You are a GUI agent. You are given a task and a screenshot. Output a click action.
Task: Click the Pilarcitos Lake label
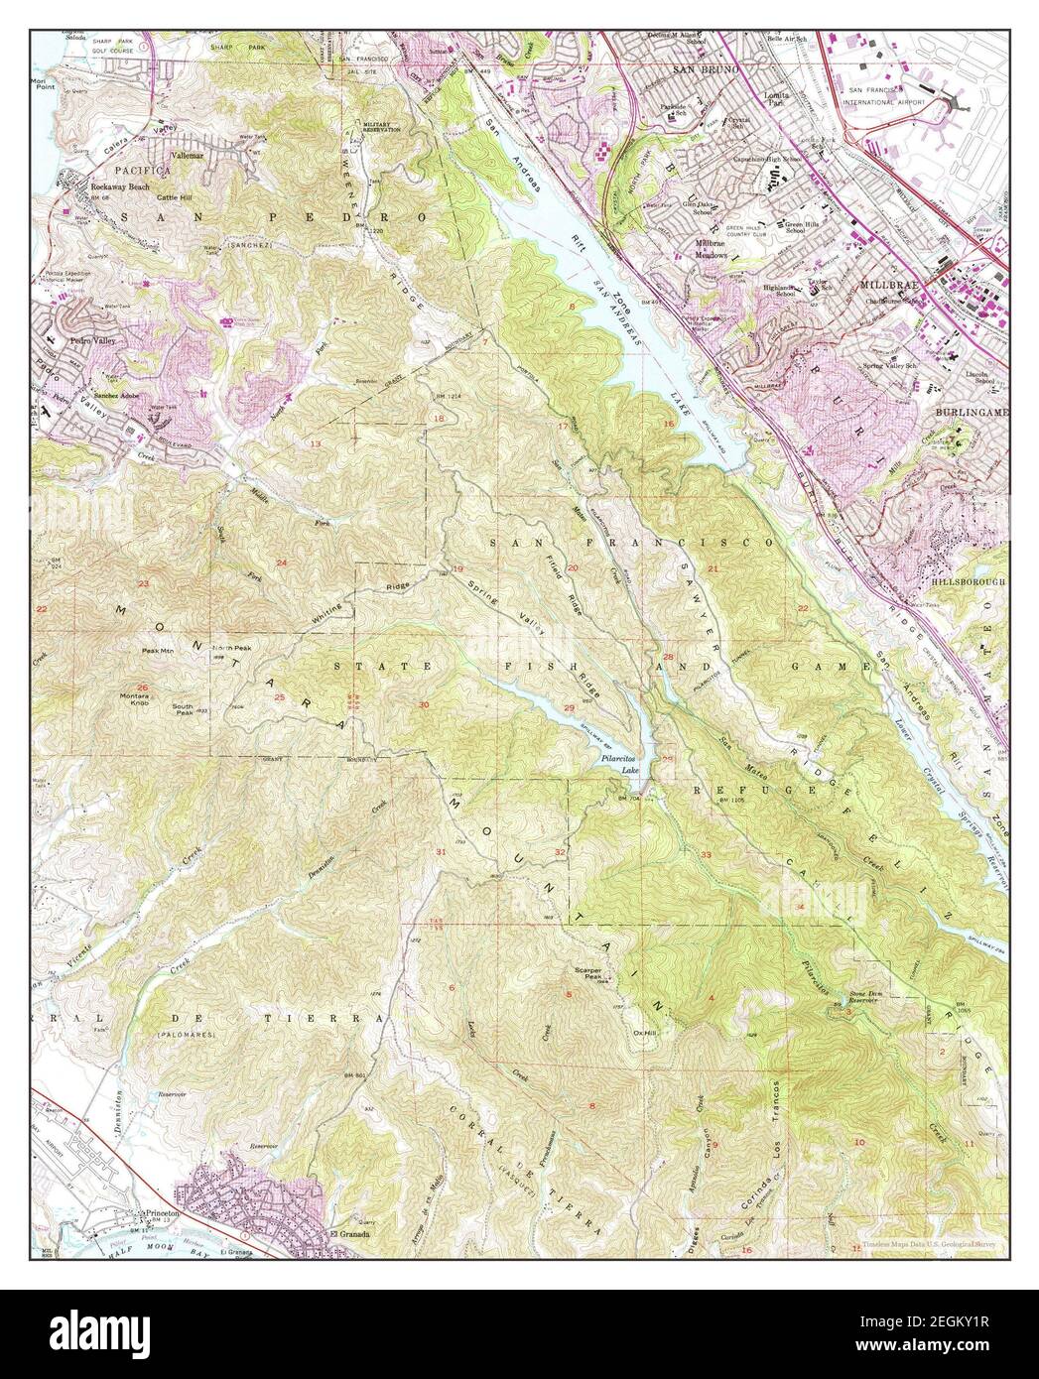click(625, 763)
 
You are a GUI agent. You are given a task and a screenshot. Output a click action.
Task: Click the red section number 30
click(424, 704)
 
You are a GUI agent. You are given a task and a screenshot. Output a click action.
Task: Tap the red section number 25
click(279, 697)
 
